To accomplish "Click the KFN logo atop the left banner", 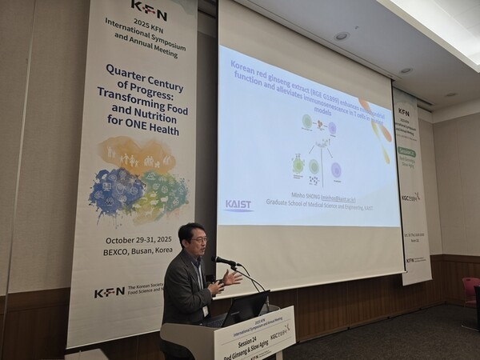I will [x=148, y=10].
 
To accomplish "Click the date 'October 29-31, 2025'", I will [x=140, y=240].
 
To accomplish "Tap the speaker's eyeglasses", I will [x=198, y=239].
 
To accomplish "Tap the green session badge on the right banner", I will [x=407, y=152].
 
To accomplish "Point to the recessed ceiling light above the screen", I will [x=342, y=36].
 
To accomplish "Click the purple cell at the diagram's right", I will [x=335, y=170].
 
